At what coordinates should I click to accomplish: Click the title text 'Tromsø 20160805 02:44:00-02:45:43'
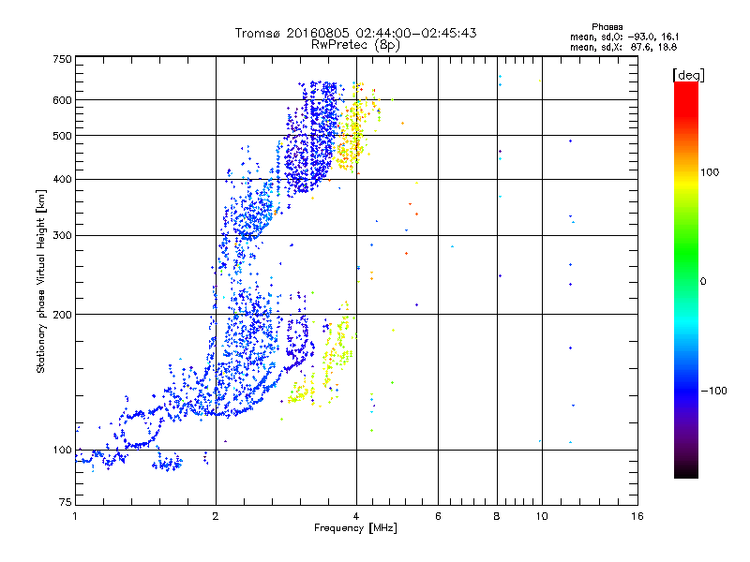point(356,33)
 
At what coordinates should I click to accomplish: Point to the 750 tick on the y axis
point(63,58)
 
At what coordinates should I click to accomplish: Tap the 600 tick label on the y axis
point(63,99)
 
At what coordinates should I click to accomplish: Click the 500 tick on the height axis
point(63,136)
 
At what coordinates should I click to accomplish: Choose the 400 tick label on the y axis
point(63,179)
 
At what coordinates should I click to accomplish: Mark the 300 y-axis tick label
point(63,235)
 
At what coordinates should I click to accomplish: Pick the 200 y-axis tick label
point(63,314)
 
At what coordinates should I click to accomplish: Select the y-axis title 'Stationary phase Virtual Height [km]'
point(41,282)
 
